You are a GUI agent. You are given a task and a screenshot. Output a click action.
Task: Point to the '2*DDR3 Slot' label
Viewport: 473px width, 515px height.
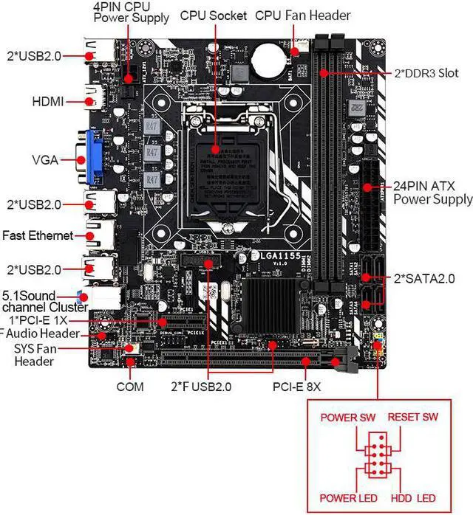[x=426, y=74]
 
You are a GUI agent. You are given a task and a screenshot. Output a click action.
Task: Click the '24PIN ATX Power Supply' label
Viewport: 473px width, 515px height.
[x=432, y=193]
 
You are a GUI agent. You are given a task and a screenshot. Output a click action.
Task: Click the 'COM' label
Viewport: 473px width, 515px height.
[x=130, y=385]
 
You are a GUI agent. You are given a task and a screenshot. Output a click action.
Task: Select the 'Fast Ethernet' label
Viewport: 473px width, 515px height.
[x=38, y=235]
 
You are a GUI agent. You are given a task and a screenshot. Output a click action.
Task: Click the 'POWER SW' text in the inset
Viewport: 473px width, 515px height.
[x=347, y=418]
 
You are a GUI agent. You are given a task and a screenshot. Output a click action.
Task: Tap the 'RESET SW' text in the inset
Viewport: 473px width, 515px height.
[x=413, y=418]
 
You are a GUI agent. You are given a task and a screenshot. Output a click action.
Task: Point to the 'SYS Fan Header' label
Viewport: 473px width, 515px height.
[x=34, y=355]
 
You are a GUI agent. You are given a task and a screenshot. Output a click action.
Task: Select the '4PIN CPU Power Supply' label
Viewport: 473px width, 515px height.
[x=131, y=12]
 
